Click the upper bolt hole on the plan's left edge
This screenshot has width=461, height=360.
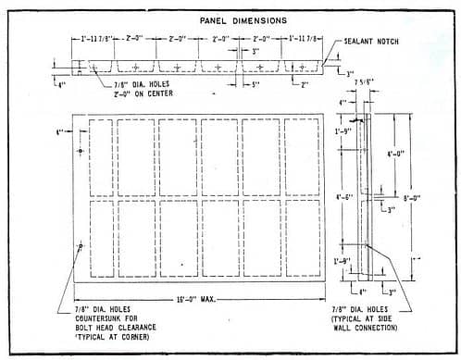(x=81, y=150)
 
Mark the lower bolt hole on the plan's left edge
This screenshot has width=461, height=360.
(x=81, y=245)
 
